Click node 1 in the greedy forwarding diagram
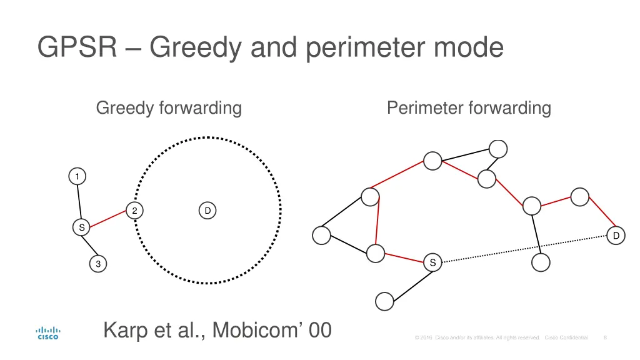click(77, 177)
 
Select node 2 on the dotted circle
click(134, 211)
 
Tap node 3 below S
click(97, 264)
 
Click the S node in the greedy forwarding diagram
click(81, 228)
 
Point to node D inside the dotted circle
click(207, 211)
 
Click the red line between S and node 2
click(107, 219)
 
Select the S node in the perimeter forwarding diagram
click(432, 262)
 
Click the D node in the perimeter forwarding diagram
click(616, 236)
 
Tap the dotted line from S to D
click(525, 249)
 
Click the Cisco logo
click(48, 333)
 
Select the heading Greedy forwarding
click(169, 108)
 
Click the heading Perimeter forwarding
click(469, 108)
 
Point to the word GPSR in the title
click(77, 47)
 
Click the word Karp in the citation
click(125, 329)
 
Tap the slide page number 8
click(605, 337)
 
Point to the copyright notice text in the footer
click(500, 337)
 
